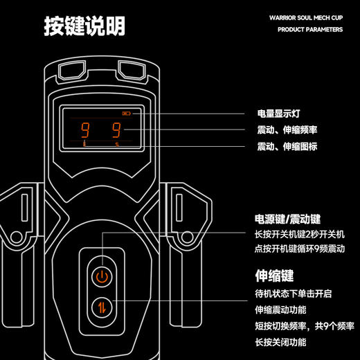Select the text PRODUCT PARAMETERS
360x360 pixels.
(310, 30)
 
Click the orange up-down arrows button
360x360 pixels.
(102, 307)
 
